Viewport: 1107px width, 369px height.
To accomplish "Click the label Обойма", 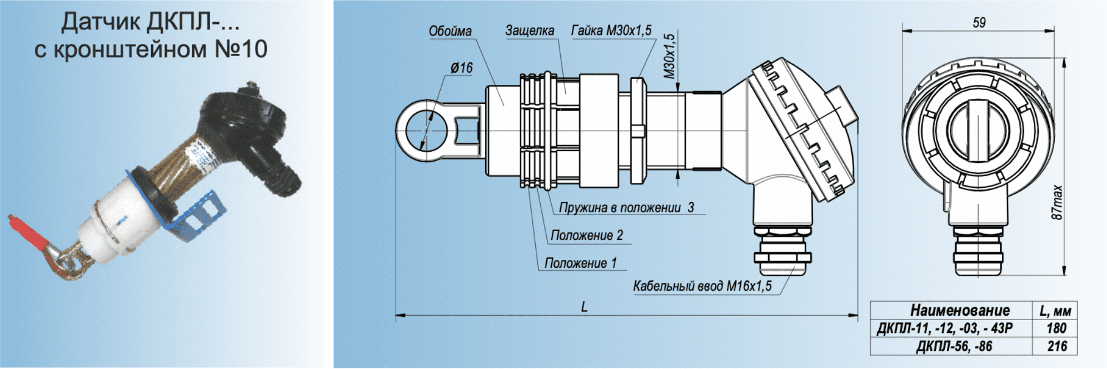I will tap(450, 31).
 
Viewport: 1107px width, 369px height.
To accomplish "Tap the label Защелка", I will tap(529, 31).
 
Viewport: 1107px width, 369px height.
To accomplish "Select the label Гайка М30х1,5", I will tap(611, 30).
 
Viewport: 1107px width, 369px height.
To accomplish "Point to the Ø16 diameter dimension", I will tap(461, 68).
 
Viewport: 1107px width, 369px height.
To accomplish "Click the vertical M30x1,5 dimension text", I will tap(670, 56).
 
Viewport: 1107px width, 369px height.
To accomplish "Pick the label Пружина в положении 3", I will tap(626, 208).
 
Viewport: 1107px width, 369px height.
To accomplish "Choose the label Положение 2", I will tap(587, 236).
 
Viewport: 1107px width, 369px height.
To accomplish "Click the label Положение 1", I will tap(581, 263).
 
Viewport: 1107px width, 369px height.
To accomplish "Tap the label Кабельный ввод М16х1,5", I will tap(702, 286).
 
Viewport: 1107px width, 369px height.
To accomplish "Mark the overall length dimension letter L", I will tap(584, 307).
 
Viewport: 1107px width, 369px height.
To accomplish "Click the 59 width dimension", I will tap(979, 23).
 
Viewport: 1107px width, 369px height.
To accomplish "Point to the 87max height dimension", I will tap(1057, 202).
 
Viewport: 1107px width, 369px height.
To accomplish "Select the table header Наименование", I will tap(960, 310).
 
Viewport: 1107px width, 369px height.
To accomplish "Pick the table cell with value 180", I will tap(1056, 328).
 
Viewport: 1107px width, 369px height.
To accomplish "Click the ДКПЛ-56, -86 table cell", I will tap(954, 346).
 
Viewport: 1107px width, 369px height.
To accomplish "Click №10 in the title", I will tap(241, 49).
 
